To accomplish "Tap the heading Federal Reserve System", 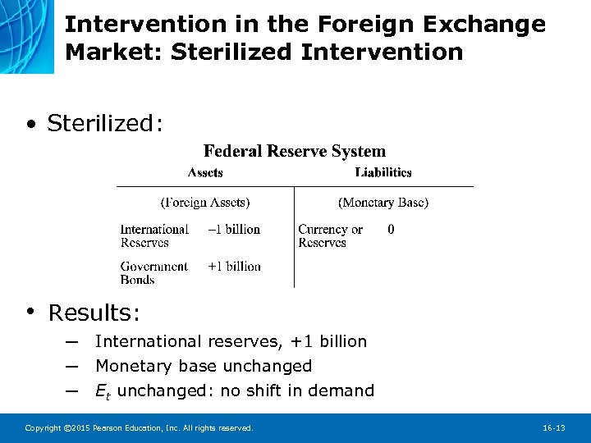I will pos(294,151).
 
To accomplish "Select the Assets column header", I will pos(205,172).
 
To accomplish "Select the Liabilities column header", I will pos(383,172).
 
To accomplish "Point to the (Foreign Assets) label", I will pos(205,202).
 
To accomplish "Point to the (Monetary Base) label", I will pos(383,202).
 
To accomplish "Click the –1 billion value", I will pos(233,230).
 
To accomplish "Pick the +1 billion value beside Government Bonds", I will pos(234,267).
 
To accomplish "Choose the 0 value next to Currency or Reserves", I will pos(391,230).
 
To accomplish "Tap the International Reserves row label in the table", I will pos(154,236).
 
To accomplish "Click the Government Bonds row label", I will pos(154,272).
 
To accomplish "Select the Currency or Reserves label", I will pos(330,236).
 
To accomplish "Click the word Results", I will pos(94,313).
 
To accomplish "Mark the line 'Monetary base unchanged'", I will pos(204,366).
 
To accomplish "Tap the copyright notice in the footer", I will pos(139,428).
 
